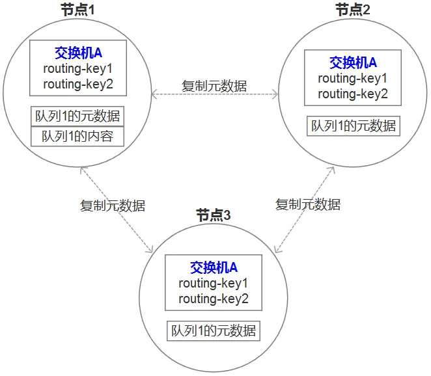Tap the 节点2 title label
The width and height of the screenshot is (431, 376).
pyautogui.click(x=353, y=10)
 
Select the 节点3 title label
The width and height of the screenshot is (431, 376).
pyautogui.click(x=214, y=215)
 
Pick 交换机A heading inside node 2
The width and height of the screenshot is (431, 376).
pyautogui.click(x=353, y=62)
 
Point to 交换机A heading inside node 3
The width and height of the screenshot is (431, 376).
pyautogui.click(x=214, y=267)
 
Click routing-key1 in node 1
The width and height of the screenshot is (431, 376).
pyautogui.click(x=77, y=68)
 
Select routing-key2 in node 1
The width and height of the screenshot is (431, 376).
pyautogui.click(x=77, y=83)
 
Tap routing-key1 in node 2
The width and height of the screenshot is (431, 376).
pyautogui.click(x=353, y=78)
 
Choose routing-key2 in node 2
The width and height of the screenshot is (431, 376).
pyautogui.click(x=353, y=94)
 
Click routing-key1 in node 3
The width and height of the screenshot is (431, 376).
pyautogui.click(x=214, y=283)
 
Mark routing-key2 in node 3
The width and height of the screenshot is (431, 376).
pyautogui.click(x=214, y=299)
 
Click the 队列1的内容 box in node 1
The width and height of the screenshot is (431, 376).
pyautogui.click(x=77, y=137)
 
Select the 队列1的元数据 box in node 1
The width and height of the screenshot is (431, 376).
pyautogui.click(x=77, y=116)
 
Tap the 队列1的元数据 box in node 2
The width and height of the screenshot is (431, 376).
pyautogui.click(x=353, y=126)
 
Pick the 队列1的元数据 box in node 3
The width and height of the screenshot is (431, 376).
pyautogui.click(x=214, y=330)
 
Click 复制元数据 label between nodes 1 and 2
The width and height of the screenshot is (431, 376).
pyautogui.click(x=214, y=85)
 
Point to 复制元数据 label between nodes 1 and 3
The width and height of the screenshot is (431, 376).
pyautogui.click(x=113, y=206)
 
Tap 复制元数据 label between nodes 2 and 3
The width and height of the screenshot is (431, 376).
pyautogui.click(x=308, y=204)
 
